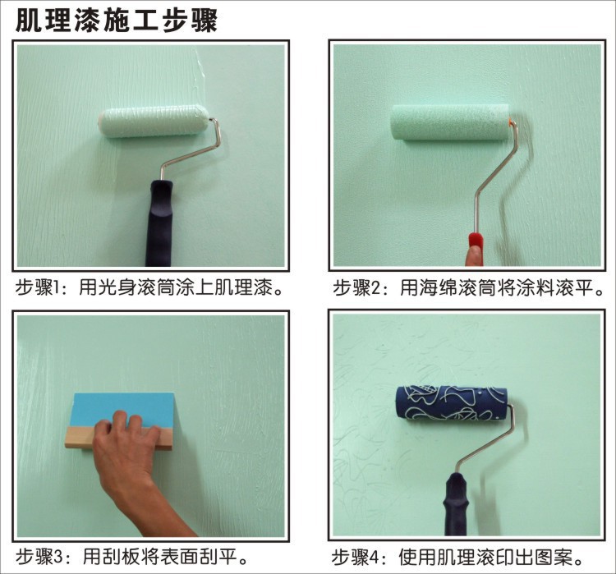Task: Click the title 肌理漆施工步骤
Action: point(117,21)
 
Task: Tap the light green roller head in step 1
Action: point(154,121)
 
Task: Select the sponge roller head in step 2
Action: point(450,122)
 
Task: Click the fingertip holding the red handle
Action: point(474,255)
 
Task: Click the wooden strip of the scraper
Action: point(118,439)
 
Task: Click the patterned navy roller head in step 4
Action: point(451,405)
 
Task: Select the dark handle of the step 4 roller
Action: point(456,503)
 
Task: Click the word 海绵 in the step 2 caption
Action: point(439,288)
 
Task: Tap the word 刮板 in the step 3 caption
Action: point(122,556)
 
